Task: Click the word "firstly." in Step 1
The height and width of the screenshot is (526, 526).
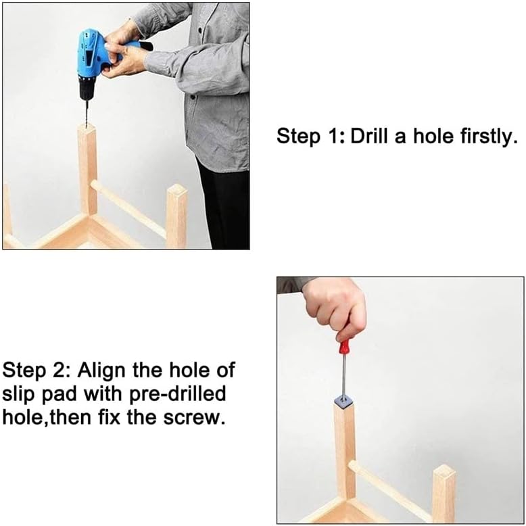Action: pos(484,136)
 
